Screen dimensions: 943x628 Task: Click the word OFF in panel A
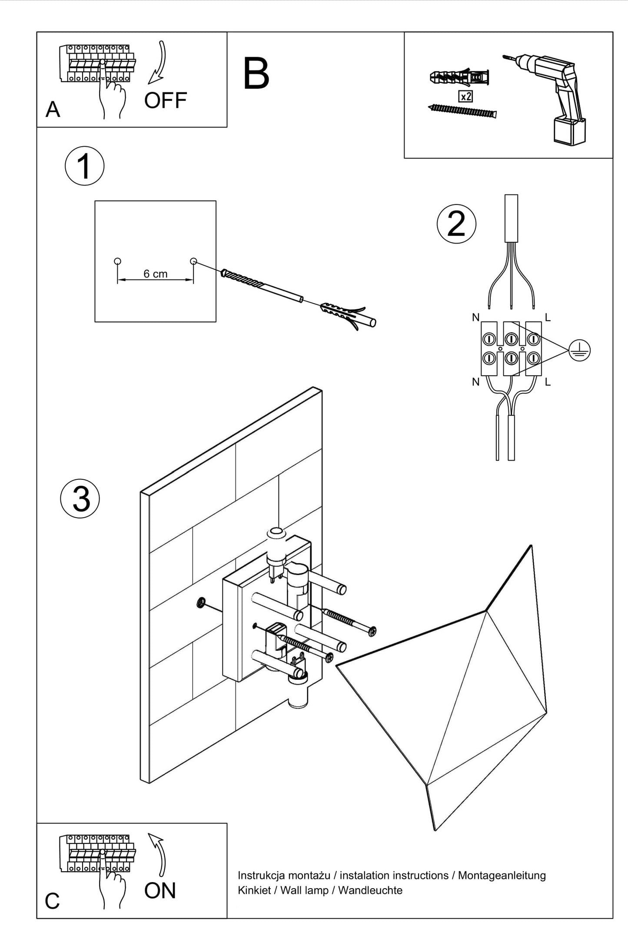click(x=165, y=100)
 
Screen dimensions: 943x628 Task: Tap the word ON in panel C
click(x=160, y=890)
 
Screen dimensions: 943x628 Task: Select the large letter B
click(x=256, y=74)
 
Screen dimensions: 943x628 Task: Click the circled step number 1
click(x=84, y=166)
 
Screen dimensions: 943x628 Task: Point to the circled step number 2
click(x=456, y=224)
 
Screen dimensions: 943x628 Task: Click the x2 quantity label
click(x=465, y=96)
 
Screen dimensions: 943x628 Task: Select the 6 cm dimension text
click(x=155, y=274)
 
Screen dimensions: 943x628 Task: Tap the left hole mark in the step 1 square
click(x=117, y=261)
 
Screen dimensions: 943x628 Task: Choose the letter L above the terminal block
click(x=548, y=318)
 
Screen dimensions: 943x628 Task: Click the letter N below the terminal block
click(x=475, y=382)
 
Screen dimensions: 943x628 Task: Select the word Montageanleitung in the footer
click(x=502, y=875)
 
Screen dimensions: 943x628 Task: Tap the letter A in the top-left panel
click(x=53, y=110)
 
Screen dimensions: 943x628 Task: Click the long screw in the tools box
click(x=462, y=112)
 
